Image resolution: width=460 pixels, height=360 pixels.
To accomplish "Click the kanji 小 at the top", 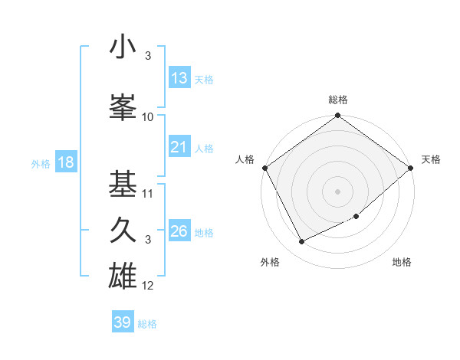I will point(123,48).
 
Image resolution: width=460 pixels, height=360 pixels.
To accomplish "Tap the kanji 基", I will point(123,183).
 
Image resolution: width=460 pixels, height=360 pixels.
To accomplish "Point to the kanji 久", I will point(123,230).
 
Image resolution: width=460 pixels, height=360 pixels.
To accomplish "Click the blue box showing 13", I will point(179,78).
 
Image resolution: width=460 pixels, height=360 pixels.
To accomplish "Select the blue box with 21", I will point(179,147).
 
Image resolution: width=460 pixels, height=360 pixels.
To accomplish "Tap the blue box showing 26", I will point(179,231).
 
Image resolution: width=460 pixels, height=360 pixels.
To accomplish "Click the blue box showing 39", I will point(123,322).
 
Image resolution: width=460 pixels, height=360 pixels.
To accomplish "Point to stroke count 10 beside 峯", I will point(148,117).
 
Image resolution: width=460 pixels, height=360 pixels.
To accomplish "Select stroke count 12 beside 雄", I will point(148,286).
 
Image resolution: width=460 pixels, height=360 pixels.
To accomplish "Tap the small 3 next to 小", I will point(148,56).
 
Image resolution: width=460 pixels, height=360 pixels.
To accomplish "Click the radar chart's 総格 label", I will point(337,100).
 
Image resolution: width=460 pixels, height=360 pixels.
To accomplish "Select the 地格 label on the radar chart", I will point(402,262).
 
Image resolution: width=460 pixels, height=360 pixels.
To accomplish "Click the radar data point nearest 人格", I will point(264,168).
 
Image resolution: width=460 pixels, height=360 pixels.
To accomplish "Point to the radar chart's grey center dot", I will point(337,191).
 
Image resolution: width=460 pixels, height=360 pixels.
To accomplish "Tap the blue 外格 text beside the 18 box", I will point(40,163).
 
